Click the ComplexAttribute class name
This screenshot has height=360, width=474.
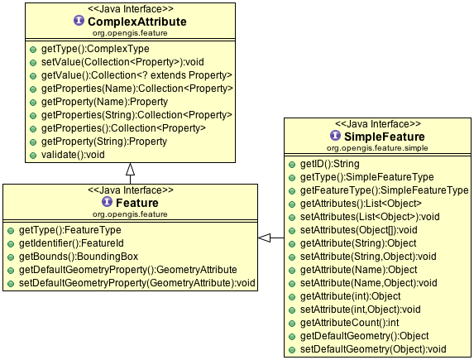click(x=137, y=22)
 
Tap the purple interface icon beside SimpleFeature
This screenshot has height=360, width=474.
click(x=335, y=136)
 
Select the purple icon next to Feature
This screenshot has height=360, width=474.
click(x=107, y=201)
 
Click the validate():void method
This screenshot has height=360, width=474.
click(x=73, y=155)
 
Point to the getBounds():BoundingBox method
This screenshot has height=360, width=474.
click(x=79, y=257)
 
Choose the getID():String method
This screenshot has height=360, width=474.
click(x=330, y=164)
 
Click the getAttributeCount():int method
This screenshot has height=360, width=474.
click(x=349, y=323)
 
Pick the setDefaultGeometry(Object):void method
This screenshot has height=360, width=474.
click(x=373, y=349)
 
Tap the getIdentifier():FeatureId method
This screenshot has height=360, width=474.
click(x=71, y=243)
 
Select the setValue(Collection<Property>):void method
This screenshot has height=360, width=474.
click(x=122, y=62)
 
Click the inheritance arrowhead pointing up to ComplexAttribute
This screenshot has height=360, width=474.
click(x=131, y=169)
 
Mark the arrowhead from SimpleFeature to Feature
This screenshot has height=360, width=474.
click(x=264, y=238)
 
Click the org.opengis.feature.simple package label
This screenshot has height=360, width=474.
click(x=377, y=148)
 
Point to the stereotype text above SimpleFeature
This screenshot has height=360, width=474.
click(x=378, y=124)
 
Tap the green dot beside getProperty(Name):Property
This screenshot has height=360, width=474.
click(x=33, y=103)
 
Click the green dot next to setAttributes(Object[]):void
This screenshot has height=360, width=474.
click(x=292, y=231)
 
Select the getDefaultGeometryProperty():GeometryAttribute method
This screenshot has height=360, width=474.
click(x=128, y=270)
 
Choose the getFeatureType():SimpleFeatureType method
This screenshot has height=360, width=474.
click(x=384, y=190)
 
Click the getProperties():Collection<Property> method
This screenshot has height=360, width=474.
click(x=123, y=128)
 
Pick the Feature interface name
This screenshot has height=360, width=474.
click(x=137, y=203)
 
